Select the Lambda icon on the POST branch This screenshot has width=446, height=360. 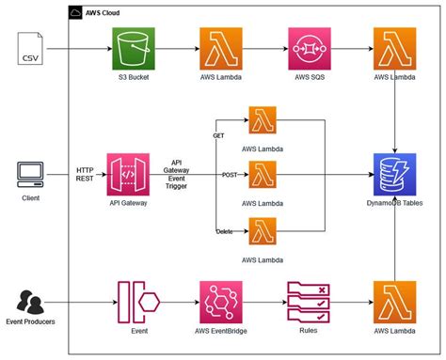262,175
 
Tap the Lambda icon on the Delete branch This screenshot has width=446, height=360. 262,230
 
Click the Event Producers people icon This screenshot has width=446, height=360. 29,303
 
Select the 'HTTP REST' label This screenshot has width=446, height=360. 85,174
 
